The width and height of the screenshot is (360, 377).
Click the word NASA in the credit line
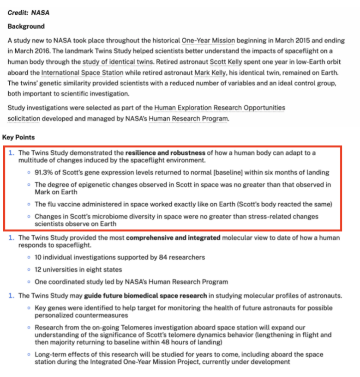(40, 13)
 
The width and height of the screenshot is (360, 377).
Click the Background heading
(26, 26)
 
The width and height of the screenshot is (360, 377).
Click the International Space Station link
(82, 73)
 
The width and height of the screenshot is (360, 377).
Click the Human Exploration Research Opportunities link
(220, 108)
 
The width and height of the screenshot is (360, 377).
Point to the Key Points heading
(18, 137)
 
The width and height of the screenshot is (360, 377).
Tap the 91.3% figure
(46, 172)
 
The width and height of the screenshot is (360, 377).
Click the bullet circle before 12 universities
(29, 269)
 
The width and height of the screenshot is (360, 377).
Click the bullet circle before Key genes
(29, 308)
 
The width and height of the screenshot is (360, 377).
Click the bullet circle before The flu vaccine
(29, 204)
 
